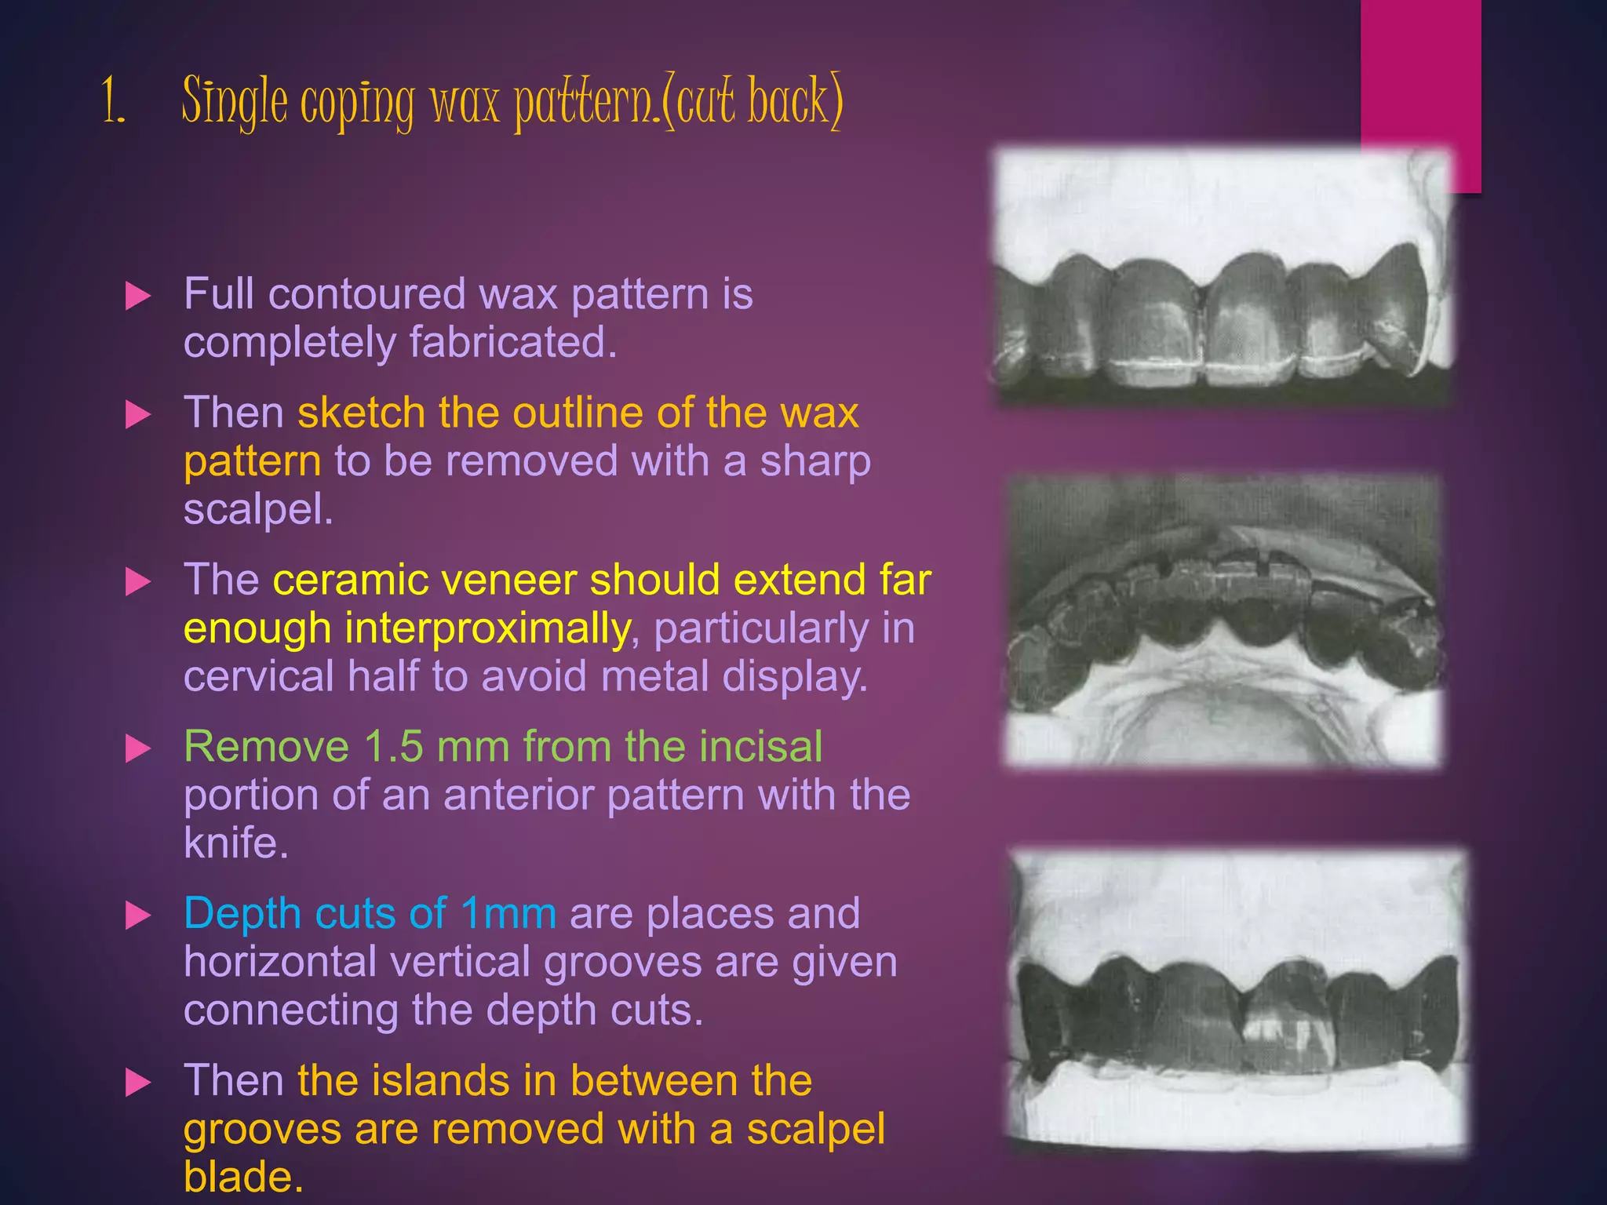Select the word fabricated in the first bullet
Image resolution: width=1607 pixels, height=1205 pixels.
[512, 343]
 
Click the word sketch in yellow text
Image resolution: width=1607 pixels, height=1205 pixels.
[360, 413]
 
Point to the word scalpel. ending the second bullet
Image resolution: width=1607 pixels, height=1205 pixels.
[258, 510]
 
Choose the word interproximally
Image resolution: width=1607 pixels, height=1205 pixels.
[486, 628]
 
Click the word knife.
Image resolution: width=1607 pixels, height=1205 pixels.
[235, 843]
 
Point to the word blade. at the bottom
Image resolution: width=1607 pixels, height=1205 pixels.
[242, 1177]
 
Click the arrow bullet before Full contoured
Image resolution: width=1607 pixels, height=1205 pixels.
[138, 297]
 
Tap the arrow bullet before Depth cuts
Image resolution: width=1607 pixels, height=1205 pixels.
[138, 916]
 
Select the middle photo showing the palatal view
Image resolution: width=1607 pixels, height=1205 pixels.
[1223, 620]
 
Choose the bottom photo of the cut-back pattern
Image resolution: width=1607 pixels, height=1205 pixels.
[1237, 1000]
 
